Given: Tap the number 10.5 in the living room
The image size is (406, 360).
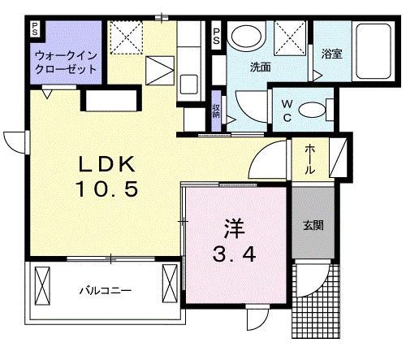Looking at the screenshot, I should click(108, 190).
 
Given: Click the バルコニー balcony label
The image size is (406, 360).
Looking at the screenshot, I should click(106, 290).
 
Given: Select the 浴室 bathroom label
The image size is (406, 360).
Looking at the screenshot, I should click(331, 54).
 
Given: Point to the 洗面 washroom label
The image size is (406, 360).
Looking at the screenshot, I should click(260, 67).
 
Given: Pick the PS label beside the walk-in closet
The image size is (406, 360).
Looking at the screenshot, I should click(35, 30).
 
